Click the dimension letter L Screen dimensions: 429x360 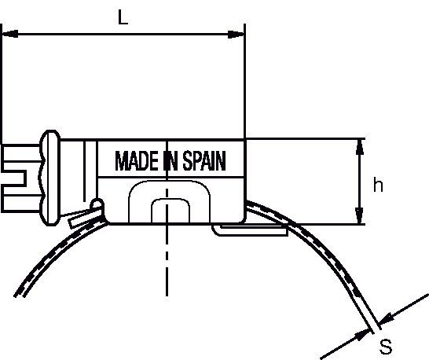(123, 17)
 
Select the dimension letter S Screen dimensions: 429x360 (386, 347)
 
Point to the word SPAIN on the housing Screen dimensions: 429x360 (204, 160)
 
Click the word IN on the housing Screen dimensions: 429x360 (170, 160)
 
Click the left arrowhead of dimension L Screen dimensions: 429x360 (10, 35)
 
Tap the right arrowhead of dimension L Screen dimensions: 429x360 (236, 35)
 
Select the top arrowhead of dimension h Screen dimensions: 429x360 (360, 147)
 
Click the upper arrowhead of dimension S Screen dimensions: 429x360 (387, 319)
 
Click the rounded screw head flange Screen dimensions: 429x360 (49, 178)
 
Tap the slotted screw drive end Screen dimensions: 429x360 (20, 178)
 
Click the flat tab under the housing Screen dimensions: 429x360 (251, 230)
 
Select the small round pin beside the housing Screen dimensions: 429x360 (97, 204)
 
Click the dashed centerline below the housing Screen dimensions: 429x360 (167, 260)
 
